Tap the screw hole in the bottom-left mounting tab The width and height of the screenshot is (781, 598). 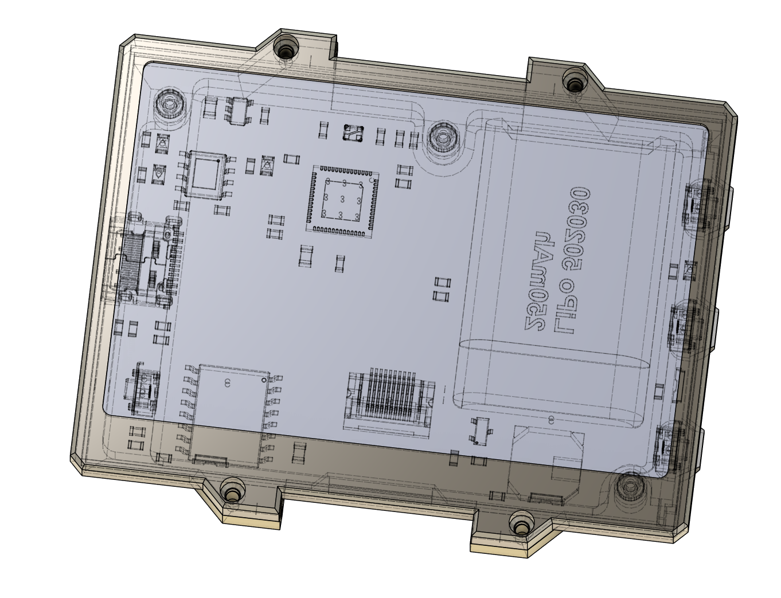(x=231, y=494)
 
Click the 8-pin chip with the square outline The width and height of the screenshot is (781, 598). (x=206, y=174)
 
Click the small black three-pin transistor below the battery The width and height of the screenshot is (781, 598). (x=479, y=431)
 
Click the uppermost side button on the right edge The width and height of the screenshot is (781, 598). (x=698, y=205)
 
